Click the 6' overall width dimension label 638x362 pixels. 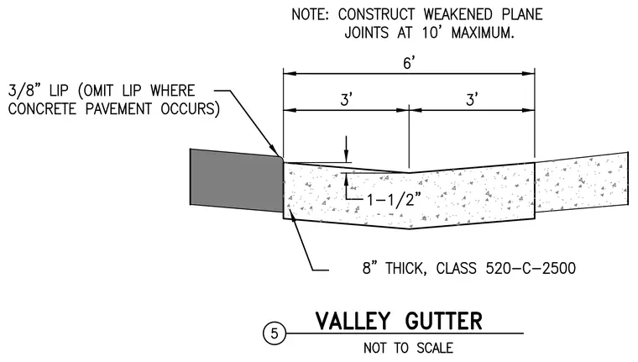[409, 63]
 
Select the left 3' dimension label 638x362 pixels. [346, 99]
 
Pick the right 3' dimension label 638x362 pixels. [472, 99]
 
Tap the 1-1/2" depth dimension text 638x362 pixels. [394, 200]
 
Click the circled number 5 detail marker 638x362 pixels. [275, 333]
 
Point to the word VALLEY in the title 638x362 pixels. [353, 321]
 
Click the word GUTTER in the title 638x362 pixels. [443, 321]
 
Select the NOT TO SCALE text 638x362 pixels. [408, 349]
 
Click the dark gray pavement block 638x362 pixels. [237, 181]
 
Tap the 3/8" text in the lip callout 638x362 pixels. [24, 91]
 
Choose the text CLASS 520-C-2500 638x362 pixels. [505, 268]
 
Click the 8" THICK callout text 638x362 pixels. [395, 268]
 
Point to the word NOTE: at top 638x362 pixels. [310, 14]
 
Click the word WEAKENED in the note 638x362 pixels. [458, 14]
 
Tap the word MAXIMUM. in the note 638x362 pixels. [483, 33]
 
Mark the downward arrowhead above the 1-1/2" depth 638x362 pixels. [346, 157]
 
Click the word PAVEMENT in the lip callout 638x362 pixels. [118, 109]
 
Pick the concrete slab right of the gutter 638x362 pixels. [582, 182]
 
